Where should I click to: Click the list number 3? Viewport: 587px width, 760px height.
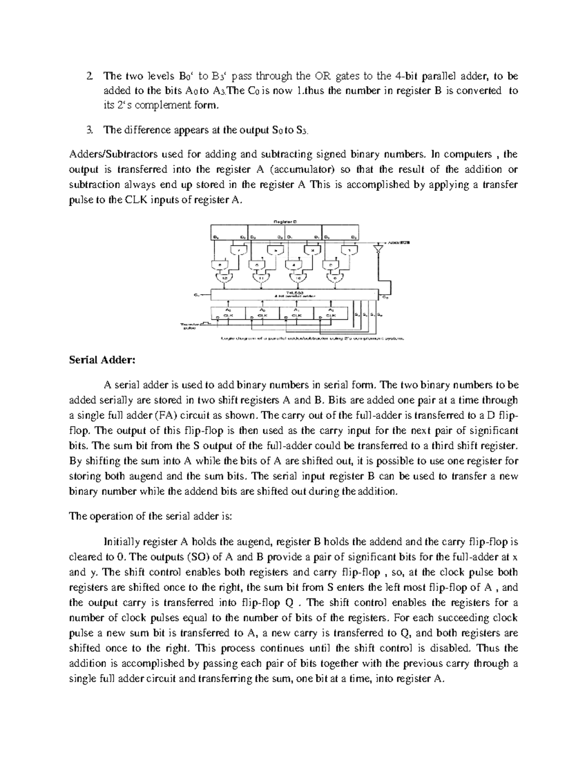[x=89, y=130]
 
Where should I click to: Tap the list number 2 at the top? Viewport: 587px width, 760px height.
[x=89, y=76]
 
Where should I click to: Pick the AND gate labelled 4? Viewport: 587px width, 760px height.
[x=293, y=265]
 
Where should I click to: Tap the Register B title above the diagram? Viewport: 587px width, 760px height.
[x=285, y=221]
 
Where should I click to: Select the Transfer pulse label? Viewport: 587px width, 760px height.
[x=189, y=326]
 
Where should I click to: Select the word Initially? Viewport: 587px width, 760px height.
[x=121, y=542]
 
